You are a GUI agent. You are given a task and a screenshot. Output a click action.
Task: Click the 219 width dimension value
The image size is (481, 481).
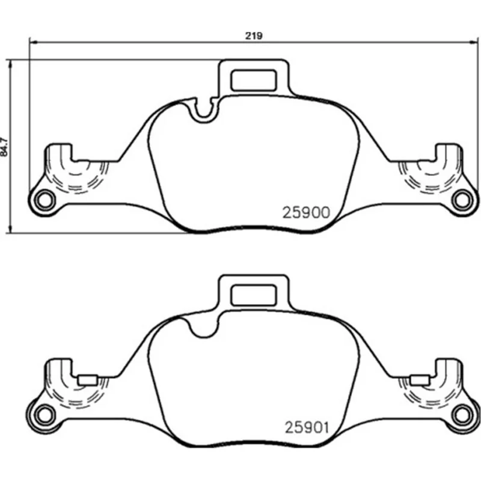[254, 36]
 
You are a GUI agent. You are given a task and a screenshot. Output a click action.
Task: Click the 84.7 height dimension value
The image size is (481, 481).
[4, 147]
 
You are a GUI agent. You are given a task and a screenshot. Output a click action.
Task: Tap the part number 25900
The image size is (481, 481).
[306, 213]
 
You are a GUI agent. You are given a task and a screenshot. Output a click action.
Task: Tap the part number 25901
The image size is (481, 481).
[307, 427]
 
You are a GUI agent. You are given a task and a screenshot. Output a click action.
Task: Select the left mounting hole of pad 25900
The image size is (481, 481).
[44, 201]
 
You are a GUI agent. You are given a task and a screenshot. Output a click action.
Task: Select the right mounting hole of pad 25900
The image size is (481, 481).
[462, 200]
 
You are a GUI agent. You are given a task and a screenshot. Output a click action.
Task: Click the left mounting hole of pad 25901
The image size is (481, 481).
[44, 415]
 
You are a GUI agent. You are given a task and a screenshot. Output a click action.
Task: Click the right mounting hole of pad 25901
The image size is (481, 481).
[462, 415]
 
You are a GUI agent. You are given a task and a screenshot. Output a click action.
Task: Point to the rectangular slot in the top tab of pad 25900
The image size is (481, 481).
[254, 80]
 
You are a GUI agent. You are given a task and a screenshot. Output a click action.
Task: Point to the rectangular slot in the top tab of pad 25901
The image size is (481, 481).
[254, 295]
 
